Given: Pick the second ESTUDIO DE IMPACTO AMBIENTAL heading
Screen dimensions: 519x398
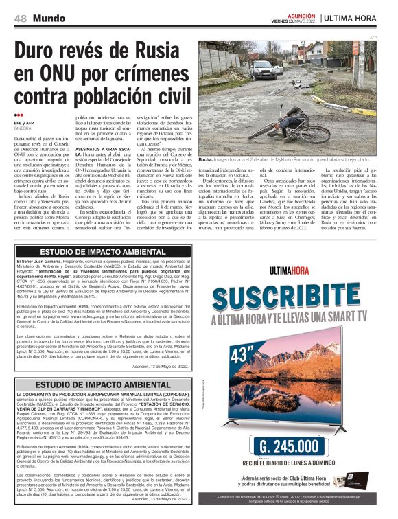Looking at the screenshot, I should tap(102, 384).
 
